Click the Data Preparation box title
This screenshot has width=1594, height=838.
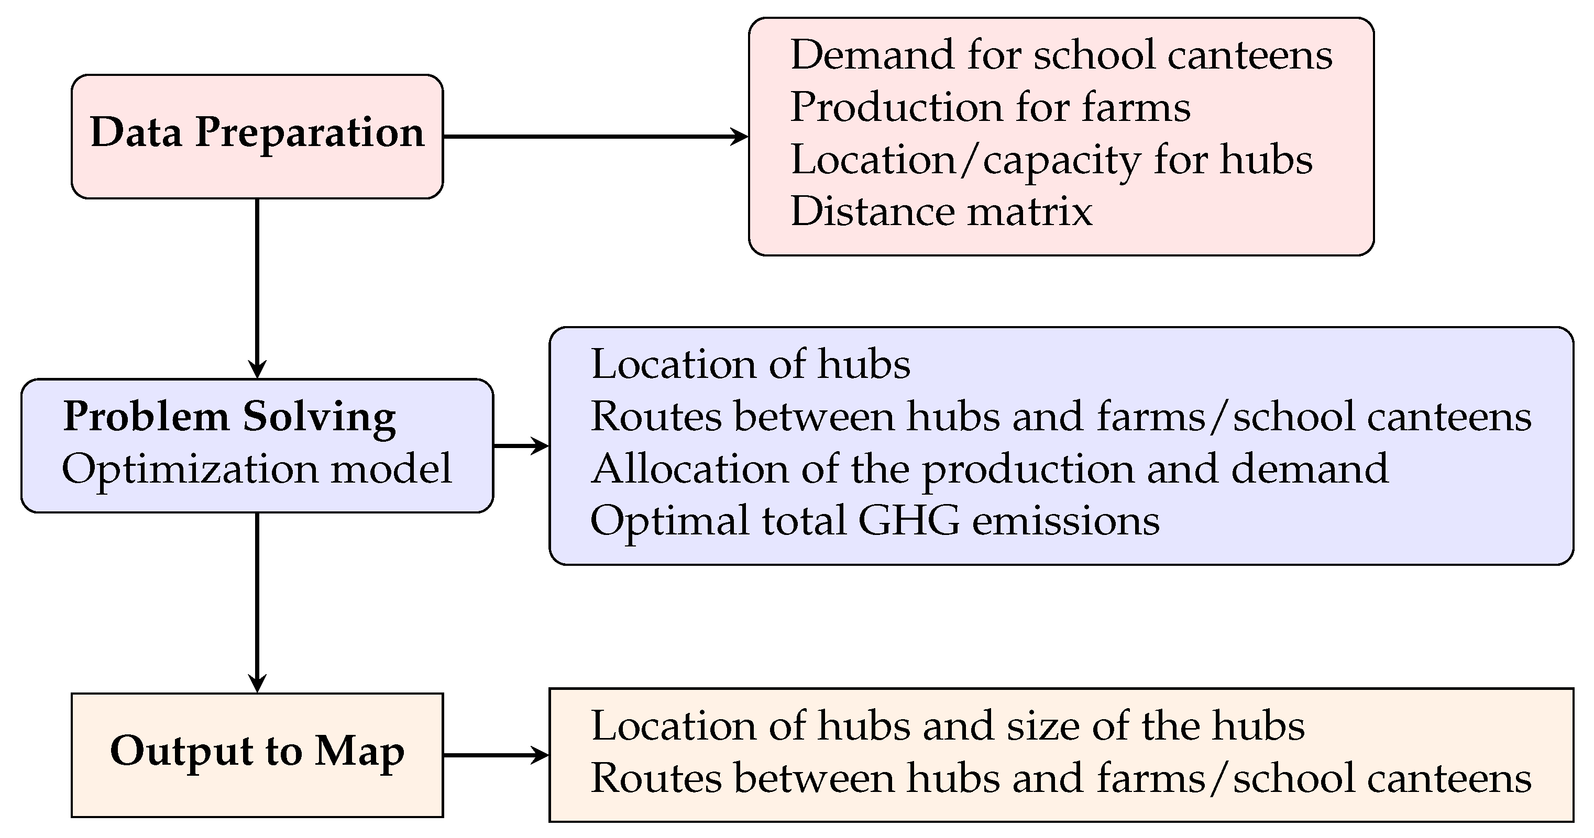(x=257, y=133)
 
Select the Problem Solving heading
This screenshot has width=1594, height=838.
(x=229, y=417)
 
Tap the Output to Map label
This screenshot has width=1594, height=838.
(x=257, y=752)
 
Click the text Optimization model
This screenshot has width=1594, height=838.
(x=257, y=469)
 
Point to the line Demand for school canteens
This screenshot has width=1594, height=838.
(x=1061, y=55)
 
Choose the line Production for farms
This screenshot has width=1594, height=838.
(x=990, y=108)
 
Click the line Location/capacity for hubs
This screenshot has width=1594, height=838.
(x=1051, y=160)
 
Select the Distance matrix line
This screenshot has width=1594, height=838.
(x=941, y=212)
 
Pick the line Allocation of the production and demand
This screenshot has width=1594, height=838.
(x=990, y=469)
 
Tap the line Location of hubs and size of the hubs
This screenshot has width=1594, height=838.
(x=948, y=725)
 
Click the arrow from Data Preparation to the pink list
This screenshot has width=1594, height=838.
(x=594, y=137)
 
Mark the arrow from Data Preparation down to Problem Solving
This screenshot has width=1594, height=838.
(x=257, y=287)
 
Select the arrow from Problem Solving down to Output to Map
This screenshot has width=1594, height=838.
(x=257, y=602)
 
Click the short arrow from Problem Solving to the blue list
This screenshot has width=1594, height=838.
(x=521, y=445)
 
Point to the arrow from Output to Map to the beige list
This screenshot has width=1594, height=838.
(x=496, y=755)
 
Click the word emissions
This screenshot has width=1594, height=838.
(x=1065, y=521)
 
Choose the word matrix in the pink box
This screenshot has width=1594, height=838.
(x=1030, y=212)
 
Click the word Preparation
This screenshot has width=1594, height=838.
(x=310, y=133)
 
